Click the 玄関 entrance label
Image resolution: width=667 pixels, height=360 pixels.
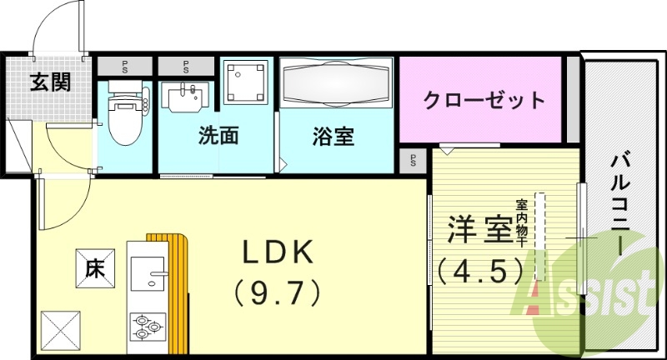click(x=51, y=82)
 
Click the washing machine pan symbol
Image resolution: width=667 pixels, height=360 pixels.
click(x=247, y=82)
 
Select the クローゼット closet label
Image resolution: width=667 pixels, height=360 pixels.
click(x=484, y=101)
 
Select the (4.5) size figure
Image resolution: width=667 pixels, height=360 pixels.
click(x=480, y=270)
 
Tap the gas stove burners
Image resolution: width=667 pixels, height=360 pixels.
click(x=147, y=326)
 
